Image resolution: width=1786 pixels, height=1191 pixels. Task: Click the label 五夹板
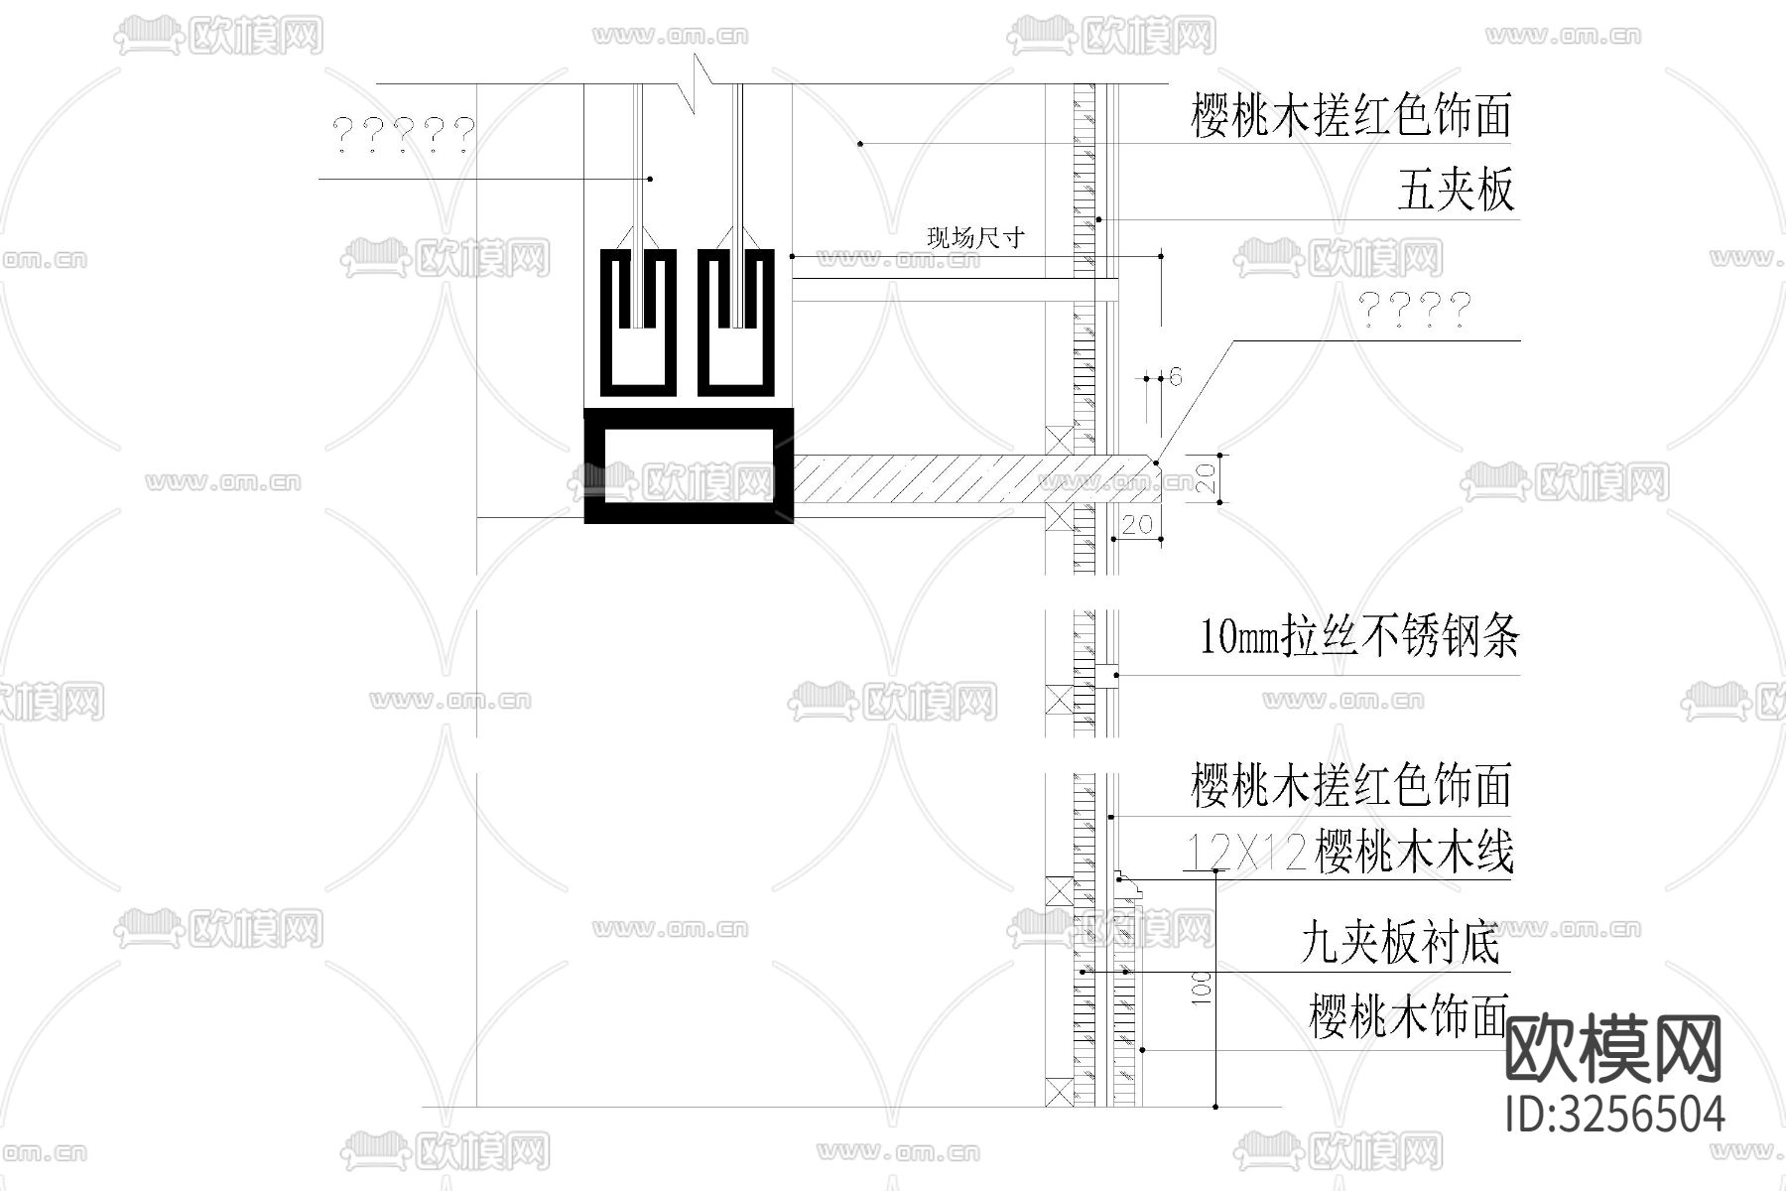[x=1456, y=191]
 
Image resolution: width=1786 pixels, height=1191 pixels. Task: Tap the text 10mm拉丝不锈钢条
[x=1358, y=636]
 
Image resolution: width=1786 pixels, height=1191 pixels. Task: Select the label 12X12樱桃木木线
[x=1349, y=853]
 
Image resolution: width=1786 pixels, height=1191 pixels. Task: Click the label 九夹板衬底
[x=1400, y=942]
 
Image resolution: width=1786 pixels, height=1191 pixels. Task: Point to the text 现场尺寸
[x=974, y=238]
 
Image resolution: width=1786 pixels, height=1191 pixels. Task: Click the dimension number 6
[x=1176, y=377]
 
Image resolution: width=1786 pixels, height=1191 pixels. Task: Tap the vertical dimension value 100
[x=1201, y=989]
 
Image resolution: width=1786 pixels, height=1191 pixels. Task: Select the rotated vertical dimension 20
[x=1204, y=479]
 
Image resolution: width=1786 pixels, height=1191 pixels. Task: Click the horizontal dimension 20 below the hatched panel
[x=1136, y=523]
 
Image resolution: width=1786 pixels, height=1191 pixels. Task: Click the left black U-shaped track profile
[x=639, y=323]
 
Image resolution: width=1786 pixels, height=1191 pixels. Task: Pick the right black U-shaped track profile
[x=736, y=323]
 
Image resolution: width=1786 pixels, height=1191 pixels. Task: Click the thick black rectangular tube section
[x=689, y=465]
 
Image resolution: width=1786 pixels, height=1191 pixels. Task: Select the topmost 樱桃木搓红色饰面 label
[x=1350, y=116]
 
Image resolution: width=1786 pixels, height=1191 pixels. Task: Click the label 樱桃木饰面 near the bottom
[x=1408, y=1017]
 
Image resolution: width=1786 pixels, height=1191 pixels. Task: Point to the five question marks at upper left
[x=403, y=133]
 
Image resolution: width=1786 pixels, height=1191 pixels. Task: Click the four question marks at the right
[x=1414, y=310]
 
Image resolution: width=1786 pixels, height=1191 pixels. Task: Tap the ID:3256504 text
[x=1614, y=1114]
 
